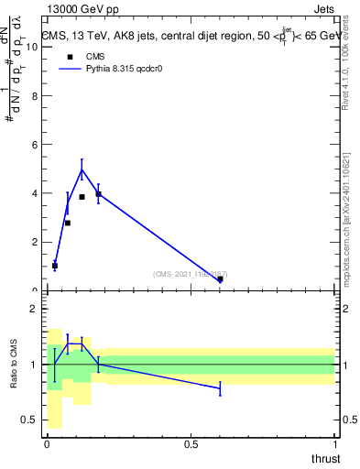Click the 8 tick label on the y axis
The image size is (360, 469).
(36, 96)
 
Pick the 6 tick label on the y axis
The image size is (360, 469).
(36, 145)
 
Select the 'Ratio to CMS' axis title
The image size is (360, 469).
(14, 365)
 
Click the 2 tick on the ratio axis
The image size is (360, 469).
(36, 309)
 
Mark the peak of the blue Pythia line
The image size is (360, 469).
(82, 169)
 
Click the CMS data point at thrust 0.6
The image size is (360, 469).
(220, 279)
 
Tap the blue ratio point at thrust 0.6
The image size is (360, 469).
(220, 388)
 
